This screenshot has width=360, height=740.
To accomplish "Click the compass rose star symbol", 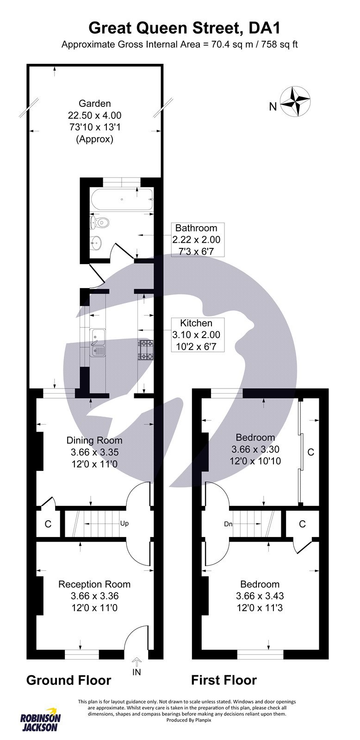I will pyautogui.click(x=296, y=101).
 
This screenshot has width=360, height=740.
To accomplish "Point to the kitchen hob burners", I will pyautogui.click(x=146, y=350).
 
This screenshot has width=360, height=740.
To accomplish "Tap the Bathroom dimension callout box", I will pyautogui.click(x=196, y=240).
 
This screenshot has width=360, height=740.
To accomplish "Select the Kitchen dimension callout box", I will pyautogui.click(x=196, y=335).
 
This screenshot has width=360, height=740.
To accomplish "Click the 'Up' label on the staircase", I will pyautogui.click(x=124, y=524).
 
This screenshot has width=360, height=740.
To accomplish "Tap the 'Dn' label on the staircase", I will pyautogui.click(x=228, y=524).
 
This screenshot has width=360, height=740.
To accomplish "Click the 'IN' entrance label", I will pyautogui.click(x=137, y=672).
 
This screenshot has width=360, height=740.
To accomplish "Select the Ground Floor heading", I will pyautogui.click(x=68, y=680).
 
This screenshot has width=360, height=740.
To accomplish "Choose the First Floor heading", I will pyautogui.click(x=224, y=680).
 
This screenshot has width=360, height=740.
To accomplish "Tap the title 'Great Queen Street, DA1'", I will pyautogui.click(x=184, y=28).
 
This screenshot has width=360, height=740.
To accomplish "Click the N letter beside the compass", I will pyautogui.click(x=273, y=107).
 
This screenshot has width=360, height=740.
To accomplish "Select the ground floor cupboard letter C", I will pyautogui.click(x=48, y=524).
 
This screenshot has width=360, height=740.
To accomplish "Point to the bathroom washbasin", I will pyautogui.click(x=96, y=241).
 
